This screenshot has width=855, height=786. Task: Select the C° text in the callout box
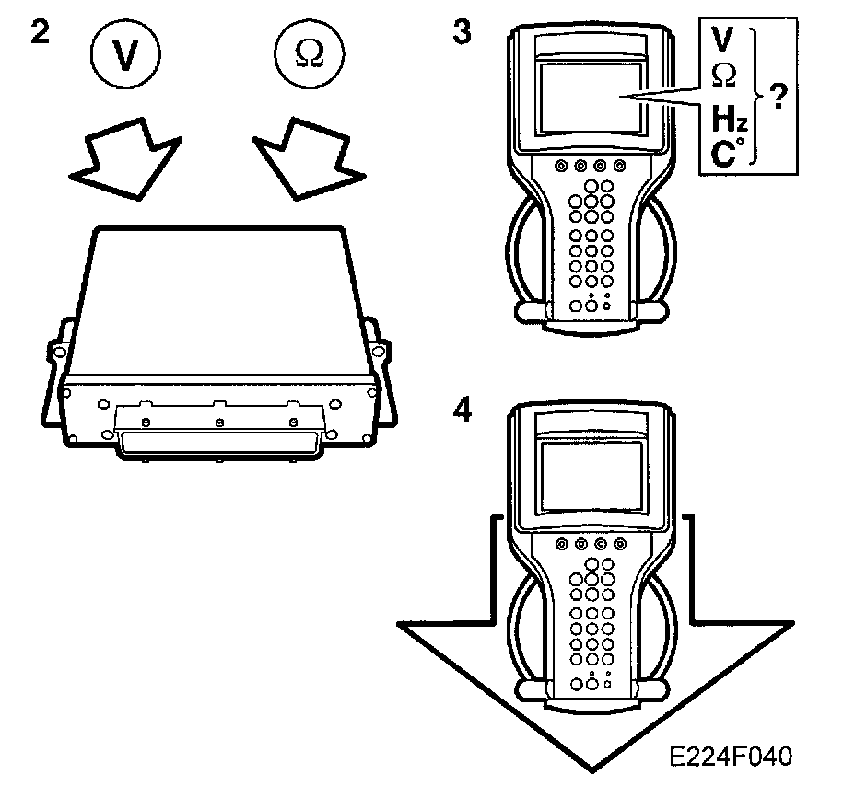click(x=726, y=152)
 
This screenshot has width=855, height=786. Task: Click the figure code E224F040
click(x=731, y=756)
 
